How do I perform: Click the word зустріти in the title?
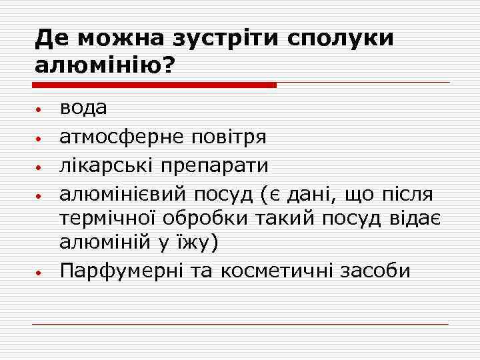221,39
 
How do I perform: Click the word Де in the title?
52,39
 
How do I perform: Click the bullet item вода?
83,109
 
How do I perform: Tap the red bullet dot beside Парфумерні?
40,273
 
